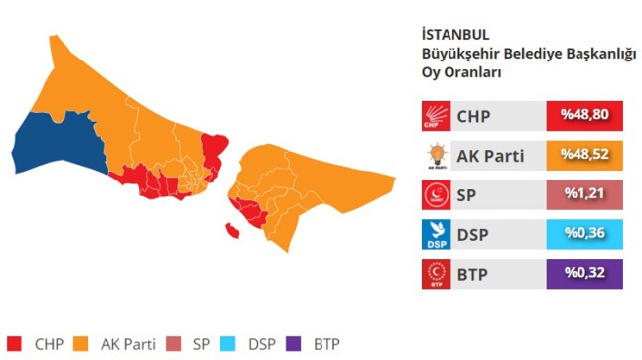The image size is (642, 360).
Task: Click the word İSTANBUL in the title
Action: pyautogui.click(x=455, y=34)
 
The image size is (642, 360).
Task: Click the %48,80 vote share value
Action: pyautogui.click(x=584, y=117)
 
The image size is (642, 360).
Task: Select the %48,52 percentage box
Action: pyautogui.click(x=584, y=156)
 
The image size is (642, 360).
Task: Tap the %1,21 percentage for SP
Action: pyautogui.click(x=584, y=194)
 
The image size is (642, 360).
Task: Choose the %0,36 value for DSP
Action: pyautogui.click(x=584, y=233)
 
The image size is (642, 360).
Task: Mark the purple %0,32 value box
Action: pyautogui.click(x=584, y=272)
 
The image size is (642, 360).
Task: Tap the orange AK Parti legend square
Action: pyautogui.click(x=86, y=344)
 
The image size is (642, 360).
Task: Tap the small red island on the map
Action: pyautogui.click(x=233, y=231)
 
